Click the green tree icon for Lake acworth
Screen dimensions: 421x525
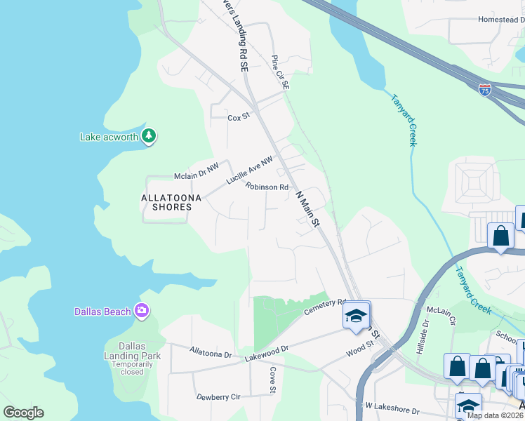click(148, 135)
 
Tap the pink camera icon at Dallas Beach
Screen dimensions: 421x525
click(142, 310)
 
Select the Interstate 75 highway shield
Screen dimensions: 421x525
click(485, 89)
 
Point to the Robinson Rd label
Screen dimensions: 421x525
click(267, 187)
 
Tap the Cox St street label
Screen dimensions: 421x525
click(239, 117)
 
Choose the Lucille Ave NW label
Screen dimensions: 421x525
click(249, 171)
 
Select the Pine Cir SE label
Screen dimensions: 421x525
click(281, 72)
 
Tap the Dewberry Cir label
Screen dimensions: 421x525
click(218, 396)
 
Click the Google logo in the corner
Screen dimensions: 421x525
click(23, 413)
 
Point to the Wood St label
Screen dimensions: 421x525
click(359, 347)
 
